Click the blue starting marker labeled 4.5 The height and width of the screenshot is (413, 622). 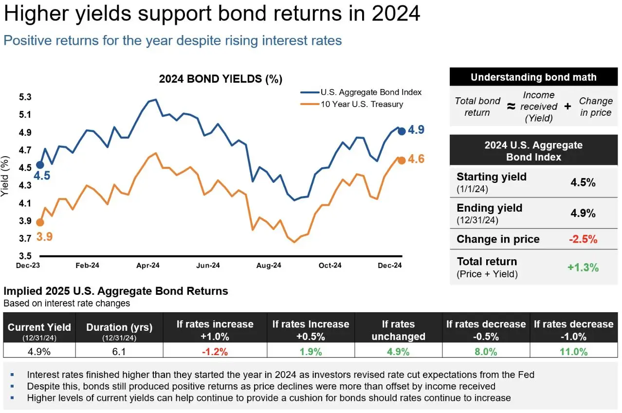[x=40, y=165]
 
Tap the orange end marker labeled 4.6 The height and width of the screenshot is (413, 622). [x=402, y=160]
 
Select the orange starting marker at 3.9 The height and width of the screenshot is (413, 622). [x=40, y=222]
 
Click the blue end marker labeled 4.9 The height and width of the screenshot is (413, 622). [x=402, y=131]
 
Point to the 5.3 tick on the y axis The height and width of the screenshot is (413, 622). [x=25, y=97]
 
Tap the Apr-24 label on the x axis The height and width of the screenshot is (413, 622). [x=148, y=266]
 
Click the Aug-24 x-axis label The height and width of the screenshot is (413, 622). [x=269, y=266]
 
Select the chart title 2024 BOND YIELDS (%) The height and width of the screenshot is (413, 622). [x=220, y=79]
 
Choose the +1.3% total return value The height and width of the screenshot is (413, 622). [x=583, y=267]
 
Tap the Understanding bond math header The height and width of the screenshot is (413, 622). [x=533, y=77]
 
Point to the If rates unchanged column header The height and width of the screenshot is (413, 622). [x=398, y=330]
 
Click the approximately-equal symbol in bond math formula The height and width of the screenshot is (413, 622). [x=511, y=106]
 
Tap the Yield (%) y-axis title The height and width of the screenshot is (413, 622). [x=6, y=176]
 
